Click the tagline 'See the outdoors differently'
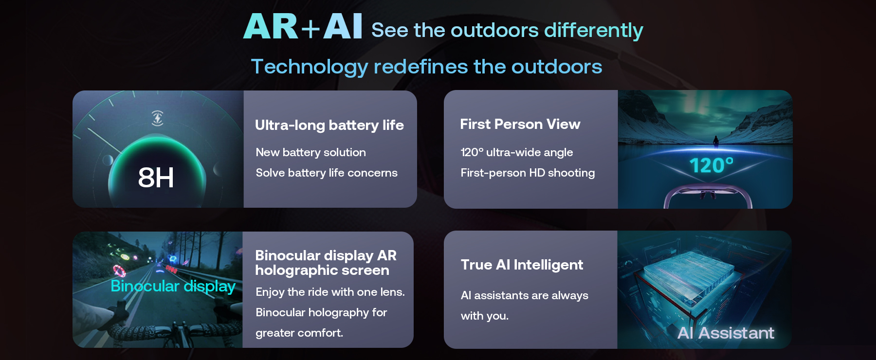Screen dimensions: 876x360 point(507,30)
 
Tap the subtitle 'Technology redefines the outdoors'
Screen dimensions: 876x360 point(426,67)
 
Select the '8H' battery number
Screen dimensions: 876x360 point(156,177)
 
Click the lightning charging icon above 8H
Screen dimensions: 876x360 point(157,118)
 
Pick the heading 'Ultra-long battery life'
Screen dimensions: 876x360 point(329,125)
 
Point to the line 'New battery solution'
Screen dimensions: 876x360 point(310,152)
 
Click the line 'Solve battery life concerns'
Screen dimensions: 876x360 point(327,173)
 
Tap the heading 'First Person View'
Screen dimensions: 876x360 point(520,124)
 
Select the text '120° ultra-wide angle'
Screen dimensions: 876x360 point(517,152)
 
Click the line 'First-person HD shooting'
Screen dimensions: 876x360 point(528,173)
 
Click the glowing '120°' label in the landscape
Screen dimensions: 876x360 point(712,165)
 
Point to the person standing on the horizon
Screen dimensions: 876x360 point(716,142)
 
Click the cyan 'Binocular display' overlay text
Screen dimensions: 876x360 point(173,286)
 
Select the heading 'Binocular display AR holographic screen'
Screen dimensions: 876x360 point(326,263)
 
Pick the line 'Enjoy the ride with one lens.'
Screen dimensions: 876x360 point(330,292)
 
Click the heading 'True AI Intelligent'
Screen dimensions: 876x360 point(522,265)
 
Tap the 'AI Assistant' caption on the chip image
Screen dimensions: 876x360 point(726,333)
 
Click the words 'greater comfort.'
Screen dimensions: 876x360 point(299,333)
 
